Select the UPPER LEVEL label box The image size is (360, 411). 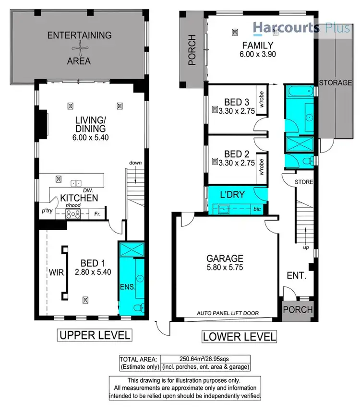(94, 334)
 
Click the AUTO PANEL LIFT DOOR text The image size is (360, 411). (228, 313)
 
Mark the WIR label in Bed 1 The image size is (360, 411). (55, 272)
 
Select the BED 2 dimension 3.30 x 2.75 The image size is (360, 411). (234, 163)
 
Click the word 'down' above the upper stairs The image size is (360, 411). (135, 163)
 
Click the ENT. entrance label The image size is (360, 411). (296, 276)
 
